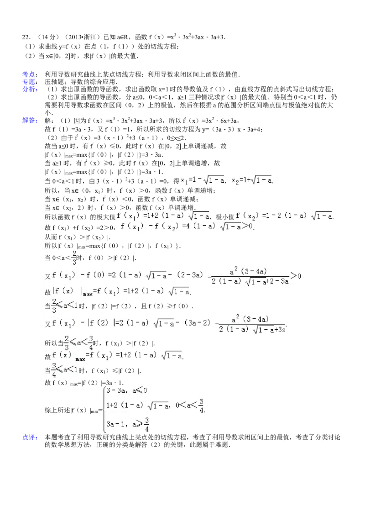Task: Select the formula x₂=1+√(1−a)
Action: coord(252,181)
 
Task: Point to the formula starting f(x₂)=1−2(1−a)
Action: coord(283,216)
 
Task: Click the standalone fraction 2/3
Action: coord(73,258)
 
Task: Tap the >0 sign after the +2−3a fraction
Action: coord(297,275)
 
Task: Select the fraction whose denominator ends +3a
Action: coord(252,323)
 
